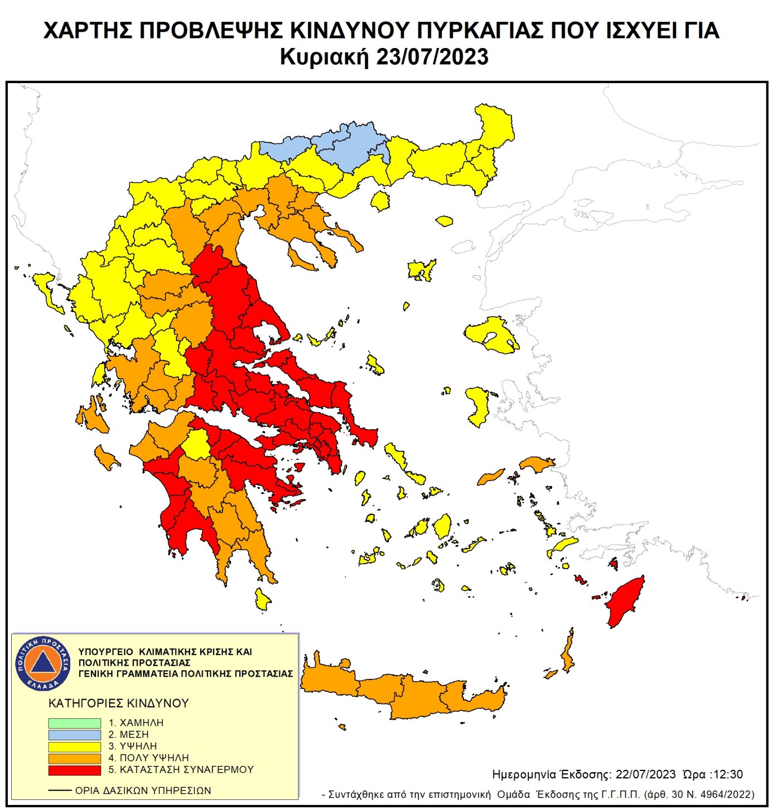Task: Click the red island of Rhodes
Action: pos(626,602)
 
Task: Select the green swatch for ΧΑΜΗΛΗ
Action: pos(74,722)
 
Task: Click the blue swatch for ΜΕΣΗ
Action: pos(74,734)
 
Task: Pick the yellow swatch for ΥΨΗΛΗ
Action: pos(74,746)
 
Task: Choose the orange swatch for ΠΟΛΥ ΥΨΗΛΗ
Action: pos(74,758)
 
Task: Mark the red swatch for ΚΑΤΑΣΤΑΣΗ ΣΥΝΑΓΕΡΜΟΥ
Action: pos(74,770)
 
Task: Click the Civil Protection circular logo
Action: pos(43,663)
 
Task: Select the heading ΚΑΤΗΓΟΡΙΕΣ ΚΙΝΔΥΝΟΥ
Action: pos(119,703)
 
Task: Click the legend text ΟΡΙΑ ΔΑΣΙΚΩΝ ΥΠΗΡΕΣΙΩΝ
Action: pos(143,790)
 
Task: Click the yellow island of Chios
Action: pos(478,404)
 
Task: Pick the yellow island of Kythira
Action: pos(262,599)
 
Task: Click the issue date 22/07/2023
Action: pos(645,774)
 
